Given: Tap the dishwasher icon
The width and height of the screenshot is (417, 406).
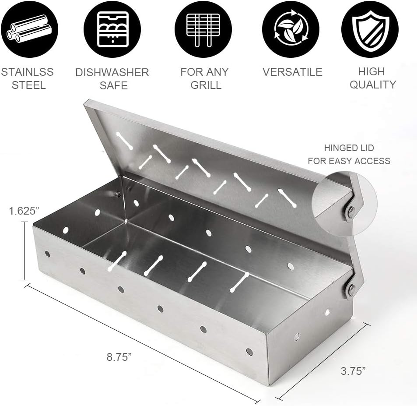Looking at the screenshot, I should click(x=112, y=29).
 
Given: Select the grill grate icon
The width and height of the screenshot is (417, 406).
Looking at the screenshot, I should click(x=203, y=29).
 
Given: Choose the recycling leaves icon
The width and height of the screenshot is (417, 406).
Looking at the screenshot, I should click(x=291, y=29).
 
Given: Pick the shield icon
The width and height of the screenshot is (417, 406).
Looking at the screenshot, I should click(x=370, y=29).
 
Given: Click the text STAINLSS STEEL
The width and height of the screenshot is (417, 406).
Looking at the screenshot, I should click(x=28, y=78).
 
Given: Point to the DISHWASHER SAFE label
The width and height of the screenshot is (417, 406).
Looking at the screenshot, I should click(x=112, y=78).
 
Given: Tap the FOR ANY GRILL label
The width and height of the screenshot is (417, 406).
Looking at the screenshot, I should click(x=204, y=78).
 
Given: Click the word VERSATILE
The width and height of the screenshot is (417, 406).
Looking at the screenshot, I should click(x=292, y=72).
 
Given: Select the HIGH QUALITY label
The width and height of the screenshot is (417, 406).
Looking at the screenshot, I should click(x=372, y=78).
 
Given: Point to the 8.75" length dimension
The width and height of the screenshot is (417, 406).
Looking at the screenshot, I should click(x=119, y=357).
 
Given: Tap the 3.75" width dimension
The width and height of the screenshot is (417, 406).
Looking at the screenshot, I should click(x=353, y=371).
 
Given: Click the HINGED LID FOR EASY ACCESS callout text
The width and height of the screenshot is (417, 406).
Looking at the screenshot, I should click(x=349, y=155).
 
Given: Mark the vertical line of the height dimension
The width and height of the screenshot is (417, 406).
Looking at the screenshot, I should click(x=25, y=251).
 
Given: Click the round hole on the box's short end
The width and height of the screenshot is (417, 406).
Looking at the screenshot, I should click(x=297, y=336).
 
